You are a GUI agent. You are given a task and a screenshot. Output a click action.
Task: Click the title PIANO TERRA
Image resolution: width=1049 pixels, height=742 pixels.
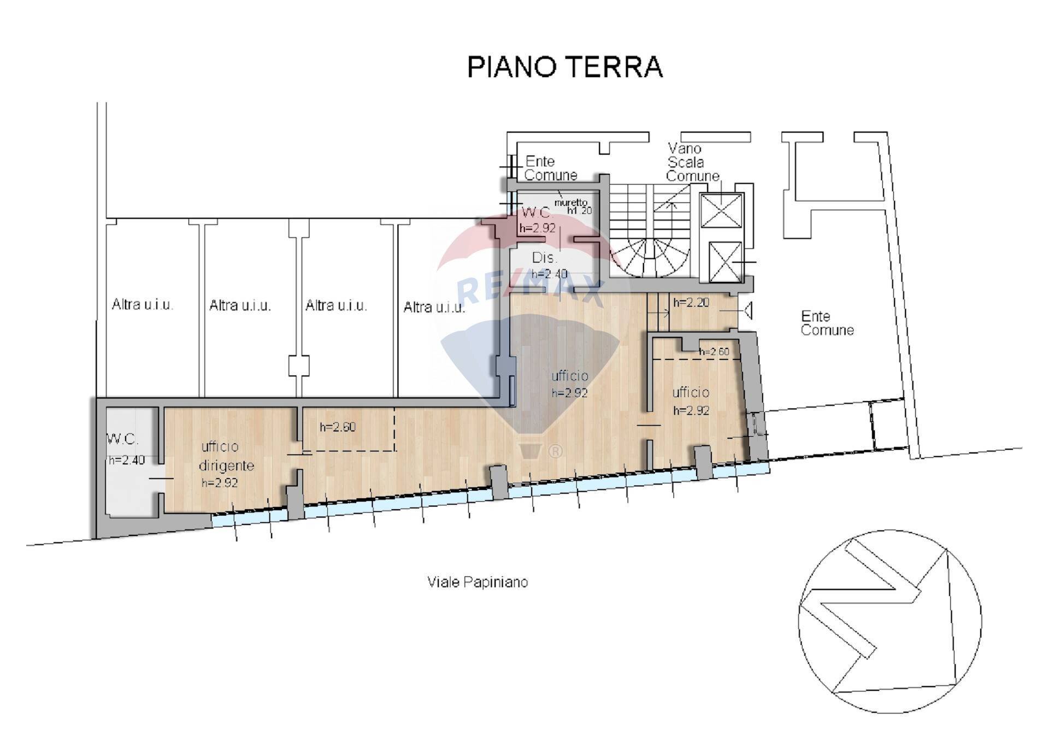coord(564,67)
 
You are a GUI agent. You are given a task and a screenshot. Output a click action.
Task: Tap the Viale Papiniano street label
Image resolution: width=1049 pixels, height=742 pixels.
coord(478,582)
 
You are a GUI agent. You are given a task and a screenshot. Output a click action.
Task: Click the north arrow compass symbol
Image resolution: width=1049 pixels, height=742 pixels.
coord(890,621)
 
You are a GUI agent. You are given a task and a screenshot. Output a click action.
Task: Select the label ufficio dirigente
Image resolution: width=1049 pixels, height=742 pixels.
coord(226,456)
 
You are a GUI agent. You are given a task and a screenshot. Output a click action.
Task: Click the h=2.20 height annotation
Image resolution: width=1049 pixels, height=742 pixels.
coord(691,303)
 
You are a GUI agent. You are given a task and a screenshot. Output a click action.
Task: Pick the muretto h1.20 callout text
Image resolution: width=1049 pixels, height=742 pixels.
coord(572,206)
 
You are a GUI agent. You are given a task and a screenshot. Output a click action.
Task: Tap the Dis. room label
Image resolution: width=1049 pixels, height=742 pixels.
coord(544,258)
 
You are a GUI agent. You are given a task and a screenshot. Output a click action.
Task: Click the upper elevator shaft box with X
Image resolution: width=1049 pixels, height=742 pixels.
coord(721,210)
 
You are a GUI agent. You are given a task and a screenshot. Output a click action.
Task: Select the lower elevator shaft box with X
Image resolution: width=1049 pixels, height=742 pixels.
coord(725,262)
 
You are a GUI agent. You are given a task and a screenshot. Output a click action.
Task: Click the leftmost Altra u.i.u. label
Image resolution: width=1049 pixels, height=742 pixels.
coord(142,305)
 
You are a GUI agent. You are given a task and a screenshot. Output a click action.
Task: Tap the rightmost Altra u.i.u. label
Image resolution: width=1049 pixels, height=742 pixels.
coord(434,308)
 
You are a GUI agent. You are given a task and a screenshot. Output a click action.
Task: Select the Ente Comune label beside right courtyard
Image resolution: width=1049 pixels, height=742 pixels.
coord(827,323)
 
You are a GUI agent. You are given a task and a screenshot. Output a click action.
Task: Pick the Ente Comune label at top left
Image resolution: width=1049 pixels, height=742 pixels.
coord(550,168)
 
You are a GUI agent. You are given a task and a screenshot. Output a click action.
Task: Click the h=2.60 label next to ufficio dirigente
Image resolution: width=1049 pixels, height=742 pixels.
coord(337,427)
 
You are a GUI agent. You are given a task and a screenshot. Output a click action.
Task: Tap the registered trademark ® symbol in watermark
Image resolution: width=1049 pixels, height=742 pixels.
coord(555,451)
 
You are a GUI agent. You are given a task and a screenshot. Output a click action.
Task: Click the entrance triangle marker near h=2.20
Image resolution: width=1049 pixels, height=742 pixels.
coord(748,311)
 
